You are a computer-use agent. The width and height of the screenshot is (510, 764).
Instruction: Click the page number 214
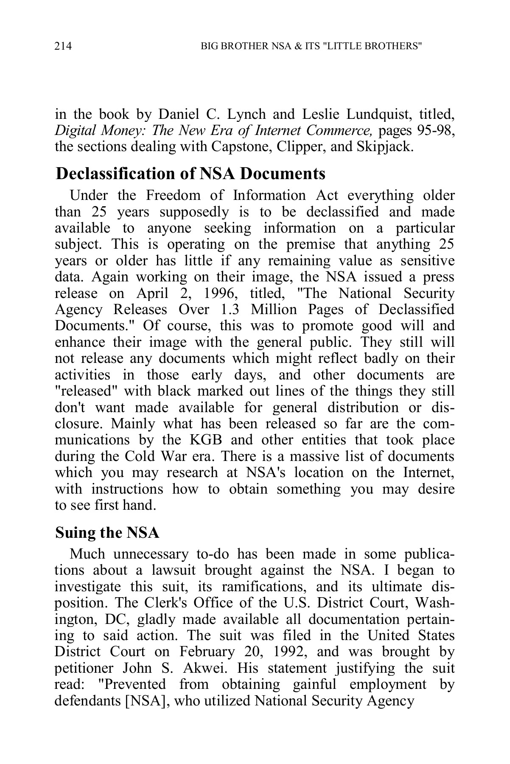coord(63,46)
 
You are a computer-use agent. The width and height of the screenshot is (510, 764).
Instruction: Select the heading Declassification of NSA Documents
coord(191,174)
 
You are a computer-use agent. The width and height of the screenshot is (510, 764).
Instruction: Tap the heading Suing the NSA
coord(107,533)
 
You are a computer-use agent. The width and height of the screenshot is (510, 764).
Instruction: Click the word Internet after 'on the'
coord(428,472)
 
